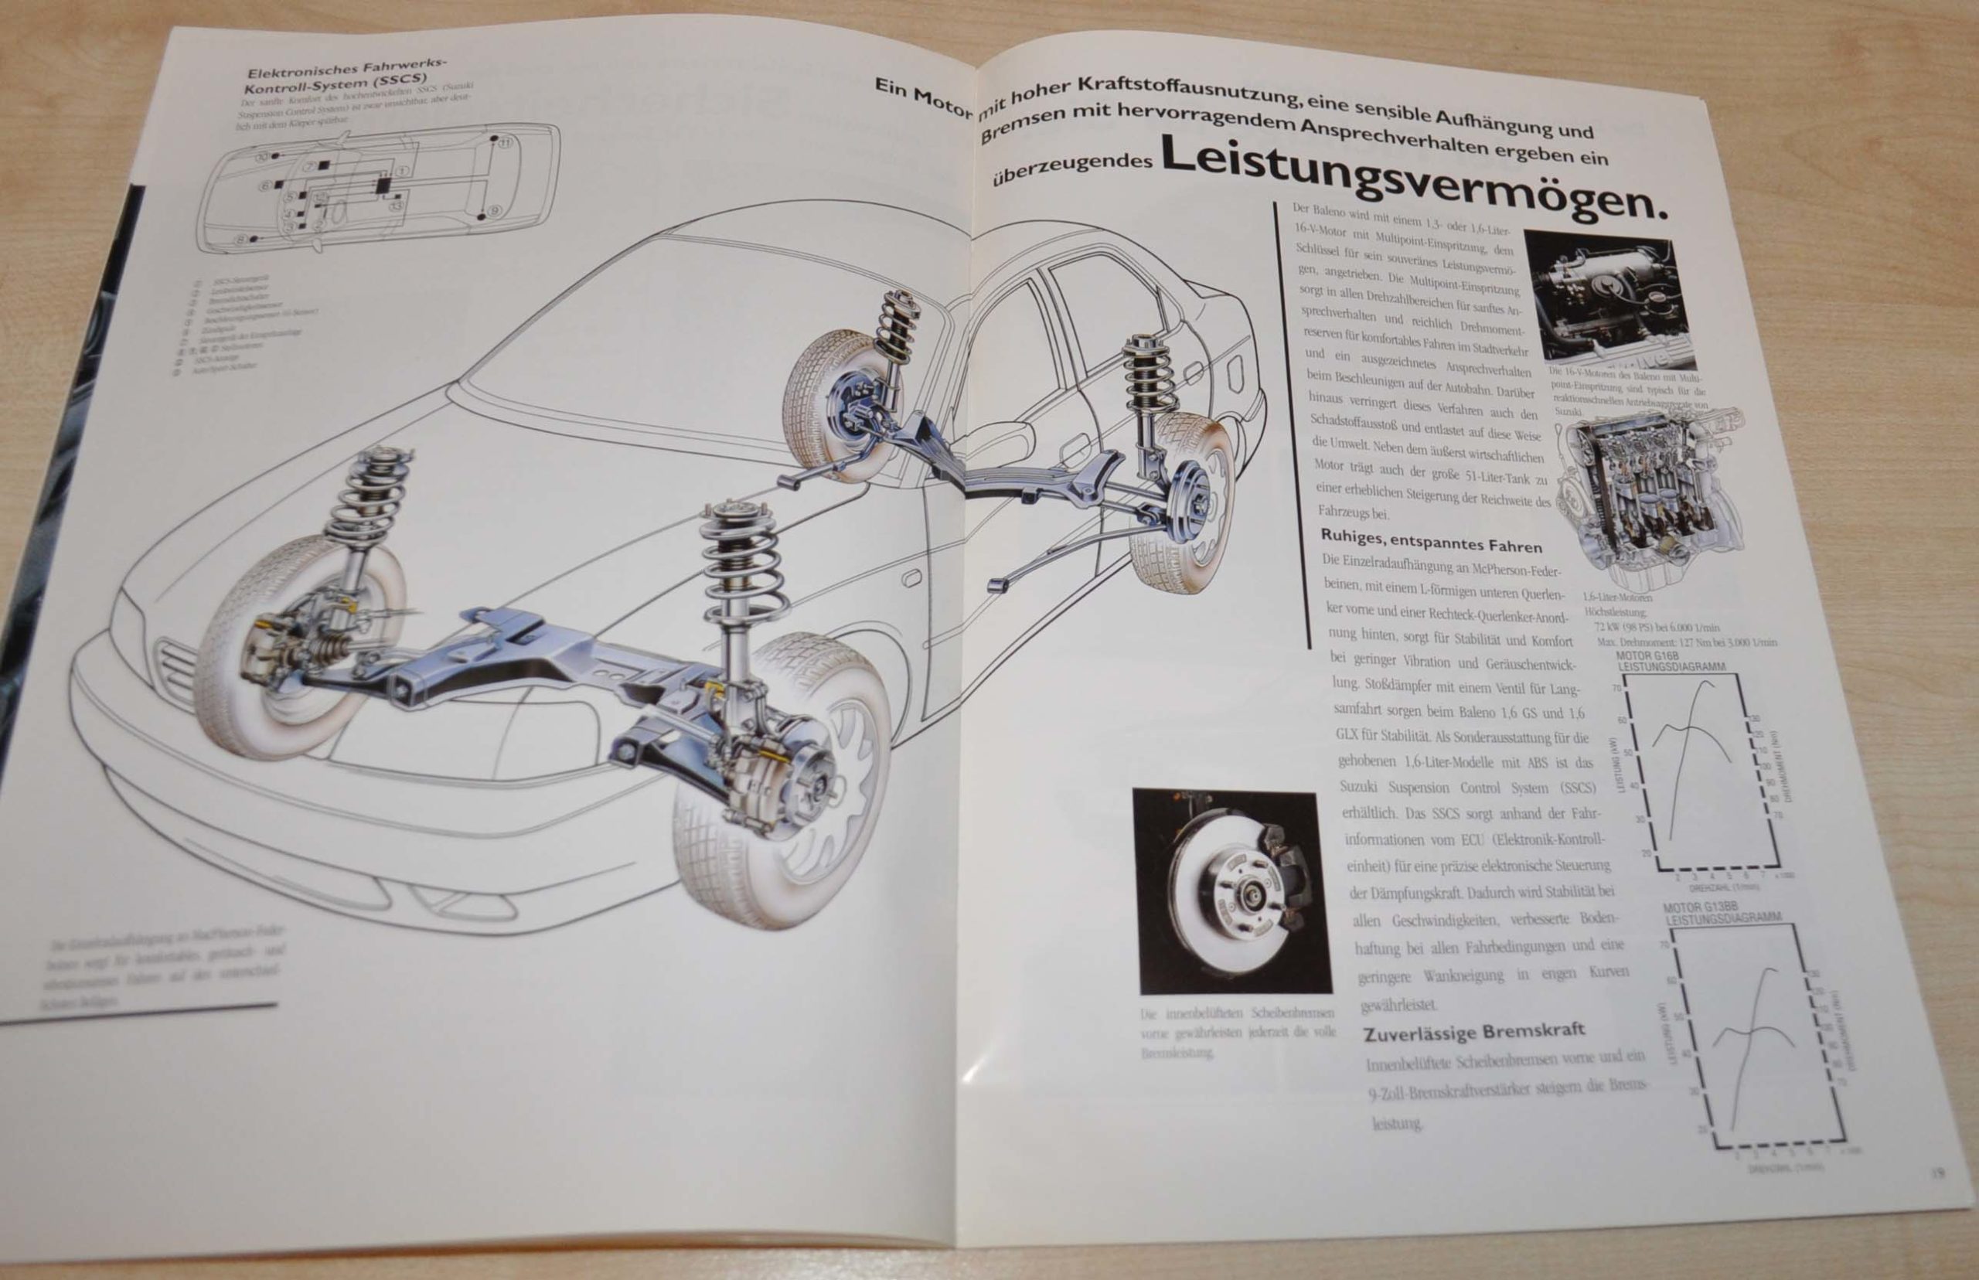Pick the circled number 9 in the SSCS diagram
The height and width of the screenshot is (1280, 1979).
pos(496,210)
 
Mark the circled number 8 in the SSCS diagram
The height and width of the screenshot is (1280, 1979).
pos(240,240)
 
